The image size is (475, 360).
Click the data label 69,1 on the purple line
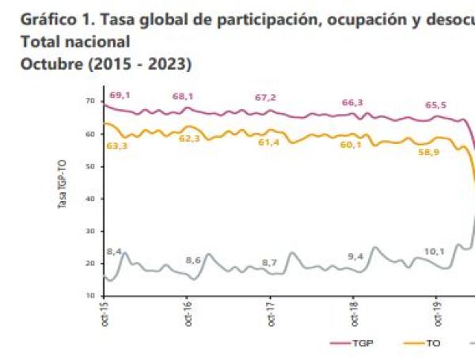(x=120, y=96)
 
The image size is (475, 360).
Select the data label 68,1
(x=184, y=97)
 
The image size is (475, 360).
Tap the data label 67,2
(x=265, y=97)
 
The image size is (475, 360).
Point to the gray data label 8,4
(x=113, y=252)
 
